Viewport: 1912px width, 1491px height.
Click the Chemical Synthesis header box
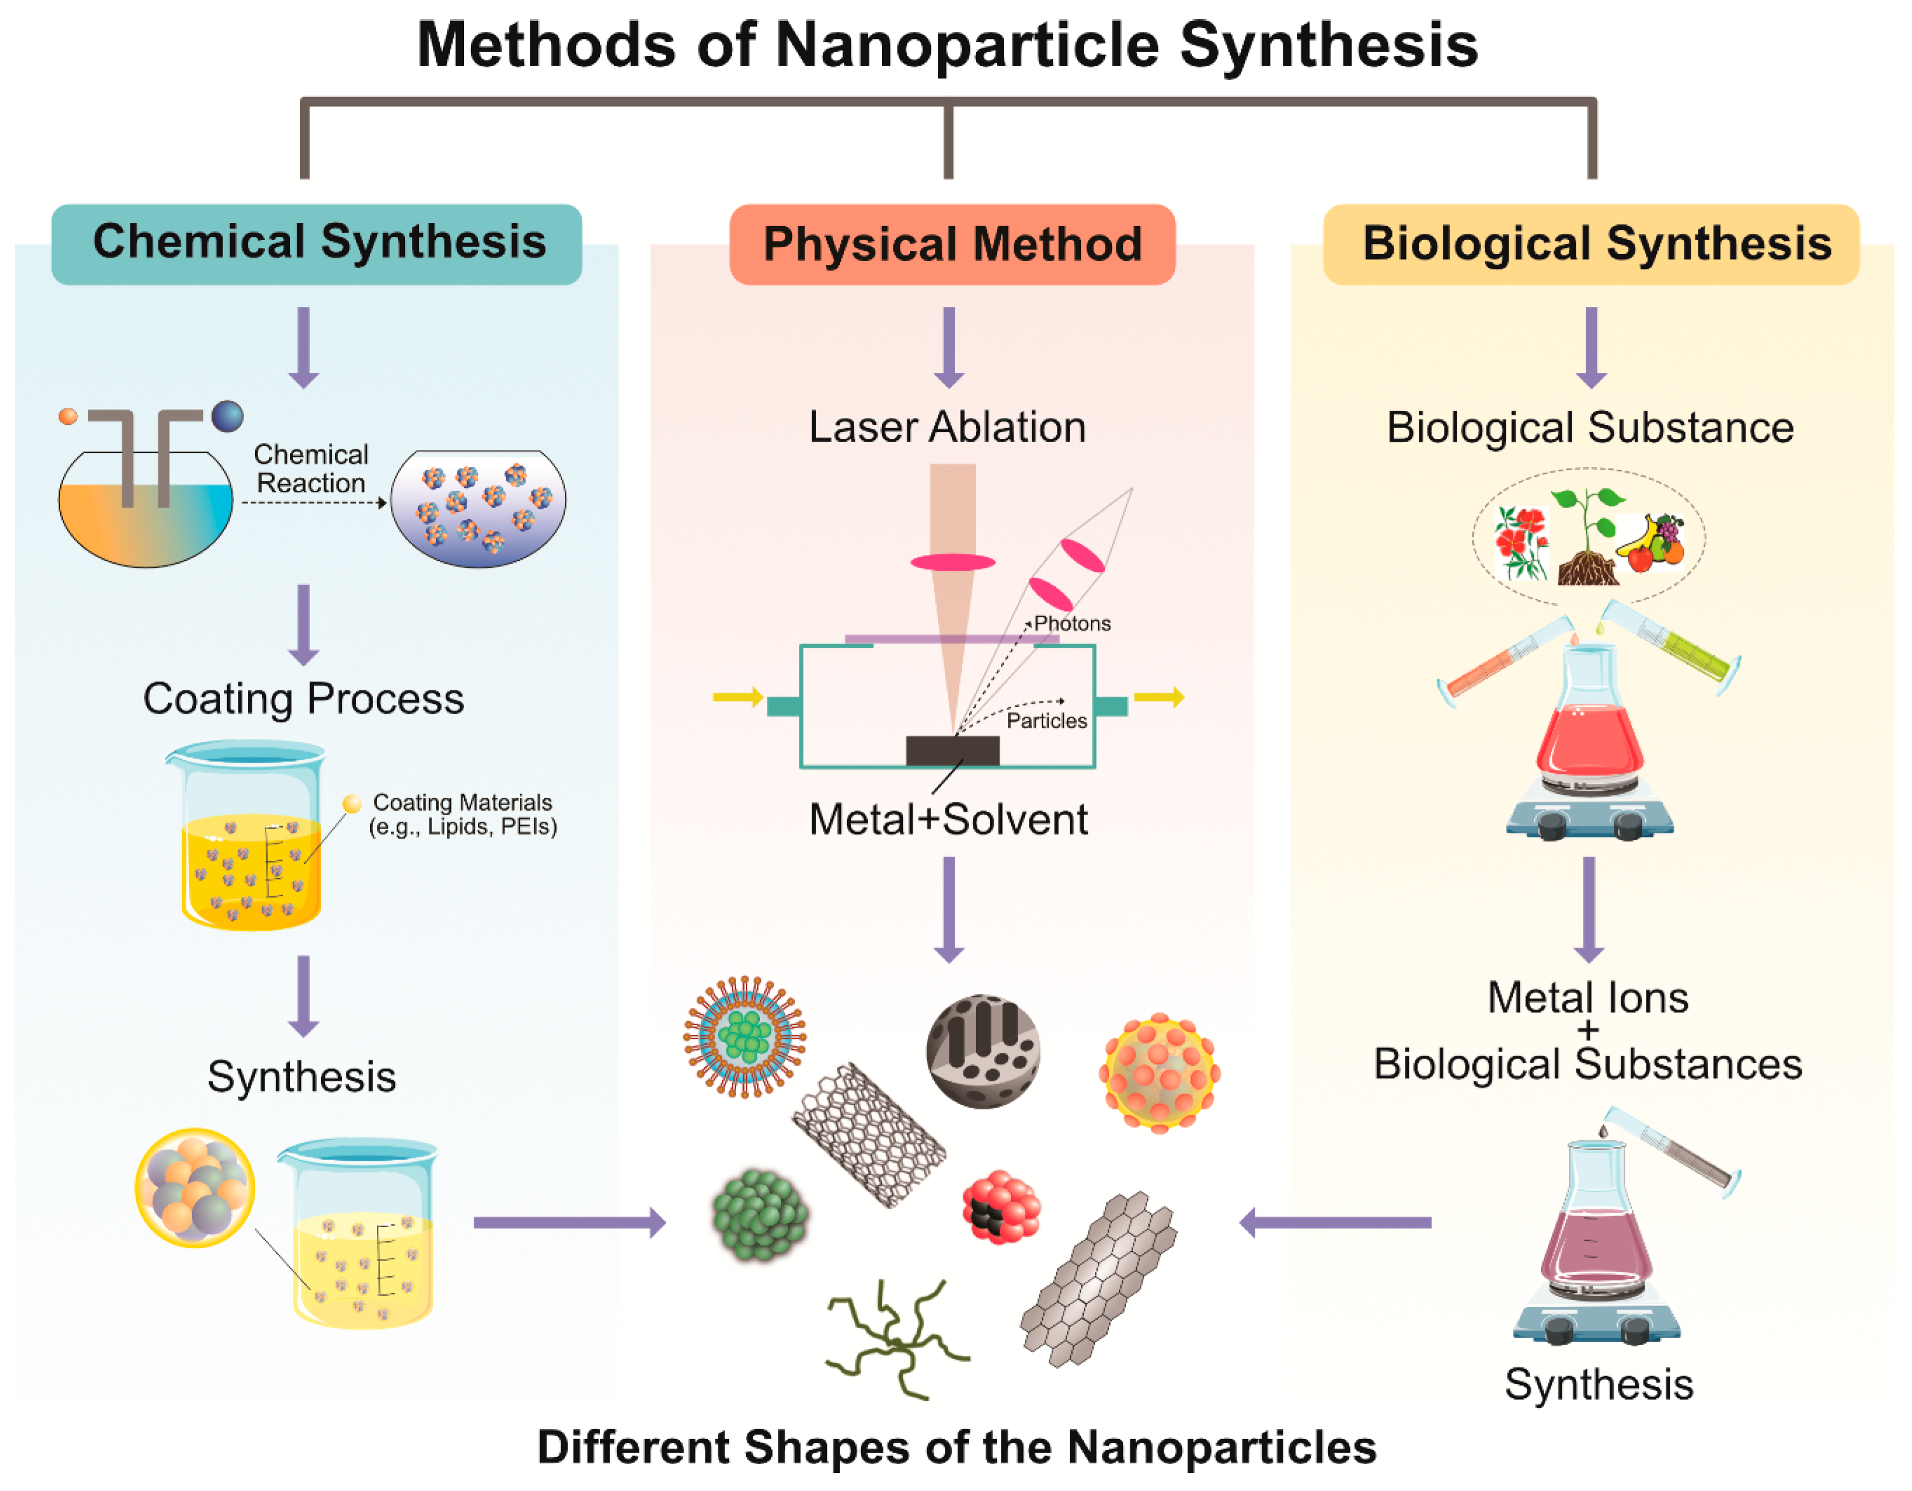(x=317, y=243)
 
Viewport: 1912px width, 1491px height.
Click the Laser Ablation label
(x=947, y=427)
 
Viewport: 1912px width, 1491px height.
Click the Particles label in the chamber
(x=1046, y=721)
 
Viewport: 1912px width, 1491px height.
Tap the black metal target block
(x=951, y=750)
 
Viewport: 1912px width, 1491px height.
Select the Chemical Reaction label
(x=310, y=469)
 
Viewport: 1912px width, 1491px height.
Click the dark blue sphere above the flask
(x=228, y=416)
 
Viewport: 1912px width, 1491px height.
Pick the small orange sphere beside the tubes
(x=68, y=416)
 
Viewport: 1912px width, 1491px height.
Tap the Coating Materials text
(x=462, y=814)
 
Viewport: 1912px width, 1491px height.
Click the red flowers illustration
(x=1521, y=543)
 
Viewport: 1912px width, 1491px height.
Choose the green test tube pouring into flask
(x=1672, y=648)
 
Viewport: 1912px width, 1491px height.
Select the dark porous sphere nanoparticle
(x=983, y=1050)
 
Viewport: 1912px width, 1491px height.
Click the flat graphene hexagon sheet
(x=1098, y=1278)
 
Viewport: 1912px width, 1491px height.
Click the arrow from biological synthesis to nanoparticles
(x=1335, y=1222)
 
